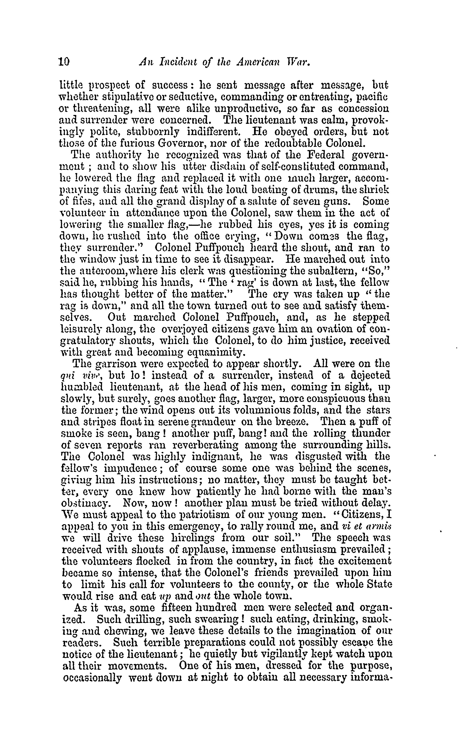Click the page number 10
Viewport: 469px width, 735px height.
(64, 62)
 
